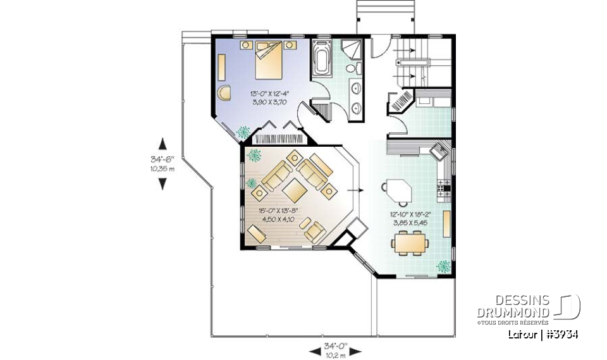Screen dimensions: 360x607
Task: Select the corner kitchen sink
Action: point(439,151)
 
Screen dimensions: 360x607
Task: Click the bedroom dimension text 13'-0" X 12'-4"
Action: point(270,93)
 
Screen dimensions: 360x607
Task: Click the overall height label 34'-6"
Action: point(162,160)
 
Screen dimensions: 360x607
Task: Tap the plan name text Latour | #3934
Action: point(543,334)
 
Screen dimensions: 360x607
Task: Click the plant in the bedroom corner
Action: point(242,131)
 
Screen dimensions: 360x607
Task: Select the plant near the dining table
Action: point(444,266)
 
